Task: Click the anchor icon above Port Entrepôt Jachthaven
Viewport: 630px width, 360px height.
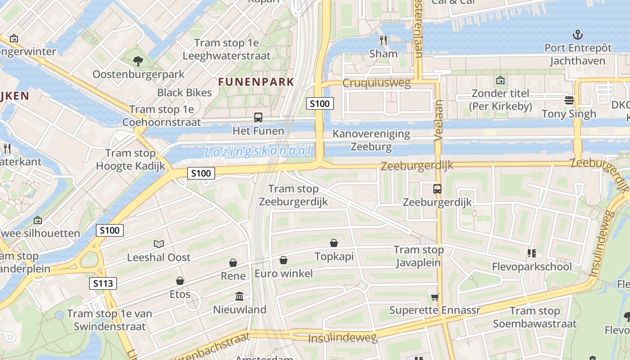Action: click(577, 35)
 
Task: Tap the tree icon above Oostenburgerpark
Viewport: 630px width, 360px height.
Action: click(138, 61)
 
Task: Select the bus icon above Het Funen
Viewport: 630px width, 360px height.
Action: click(258, 117)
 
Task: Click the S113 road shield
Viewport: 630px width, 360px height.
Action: click(103, 283)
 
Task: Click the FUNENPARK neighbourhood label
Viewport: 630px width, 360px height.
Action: click(256, 82)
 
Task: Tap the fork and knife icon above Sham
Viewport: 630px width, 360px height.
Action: click(383, 40)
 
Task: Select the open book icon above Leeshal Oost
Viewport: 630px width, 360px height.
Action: click(159, 244)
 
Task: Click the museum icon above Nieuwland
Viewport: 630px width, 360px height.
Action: click(239, 297)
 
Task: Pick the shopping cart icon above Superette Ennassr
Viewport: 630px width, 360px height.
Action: click(435, 297)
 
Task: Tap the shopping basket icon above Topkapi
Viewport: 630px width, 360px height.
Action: click(334, 243)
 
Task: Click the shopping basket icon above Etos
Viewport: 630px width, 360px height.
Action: click(180, 281)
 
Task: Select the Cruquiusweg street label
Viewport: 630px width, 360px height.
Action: click(377, 83)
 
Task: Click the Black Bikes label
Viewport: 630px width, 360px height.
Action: click(184, 93)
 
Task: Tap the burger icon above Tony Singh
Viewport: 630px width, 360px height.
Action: click(569, 100)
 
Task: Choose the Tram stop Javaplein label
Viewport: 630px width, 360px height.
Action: click(418, 256)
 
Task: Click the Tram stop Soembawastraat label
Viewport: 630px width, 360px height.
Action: click(535, 317)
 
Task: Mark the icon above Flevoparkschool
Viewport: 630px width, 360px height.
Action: click(532, 253)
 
